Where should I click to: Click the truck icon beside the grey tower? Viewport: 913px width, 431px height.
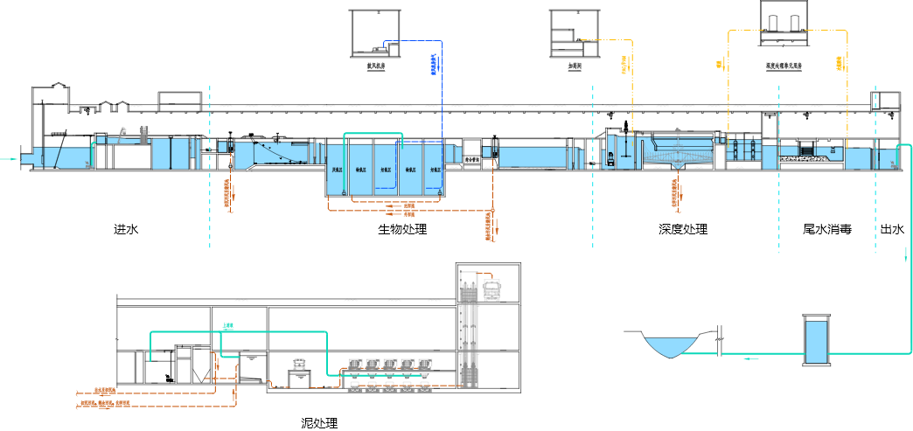pyautogui.click(x=494, y=289)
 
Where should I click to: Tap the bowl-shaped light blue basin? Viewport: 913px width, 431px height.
pyautogui.click(x=671, y=347)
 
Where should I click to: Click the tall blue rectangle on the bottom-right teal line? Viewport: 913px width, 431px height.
pyautogui.click(x=816, y=342)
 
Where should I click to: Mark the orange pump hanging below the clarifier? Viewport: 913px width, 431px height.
pyautogui.click(x=675, y=192)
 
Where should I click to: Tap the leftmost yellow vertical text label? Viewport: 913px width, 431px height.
pyautogui.click(x=624, y=65)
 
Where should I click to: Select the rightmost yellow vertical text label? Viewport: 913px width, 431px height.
pyautogui.click(x=840, y=63)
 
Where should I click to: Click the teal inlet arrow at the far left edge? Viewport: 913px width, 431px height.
pyautogui.click(x=9, y=159)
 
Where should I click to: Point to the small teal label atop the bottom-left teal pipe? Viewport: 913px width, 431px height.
pyautogui.click(x=228, y=326)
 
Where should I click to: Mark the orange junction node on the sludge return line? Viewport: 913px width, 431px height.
pyautogui.click(x=493, y=210)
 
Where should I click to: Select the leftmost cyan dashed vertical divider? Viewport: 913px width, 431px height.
pyautogui.click(x=210, y=166)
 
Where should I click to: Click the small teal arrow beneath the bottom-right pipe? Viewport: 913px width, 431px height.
pyautogui.click(x=750, y=359)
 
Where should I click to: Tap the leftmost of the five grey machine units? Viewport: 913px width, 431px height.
pyautogui.click(x=355, y=365)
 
